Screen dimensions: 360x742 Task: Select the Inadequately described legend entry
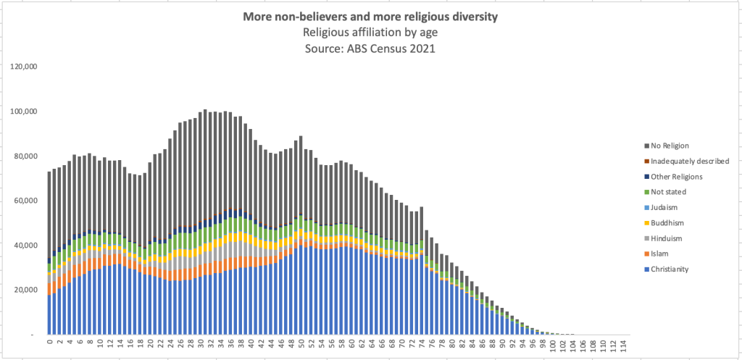tap(689, 161)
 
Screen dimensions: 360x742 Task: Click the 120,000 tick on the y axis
tap(26, 67)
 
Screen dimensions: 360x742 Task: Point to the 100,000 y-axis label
tap(26, 112)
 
